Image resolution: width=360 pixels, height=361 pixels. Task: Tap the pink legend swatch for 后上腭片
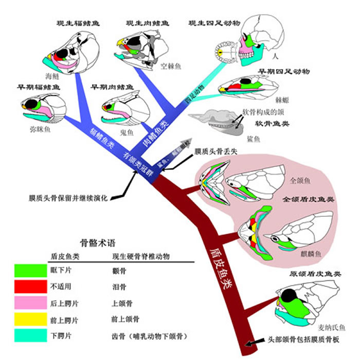30,303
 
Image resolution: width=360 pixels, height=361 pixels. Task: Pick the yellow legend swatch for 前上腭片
30,320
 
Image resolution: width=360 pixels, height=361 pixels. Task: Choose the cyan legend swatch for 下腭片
30,336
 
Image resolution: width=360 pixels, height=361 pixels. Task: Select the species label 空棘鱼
169,66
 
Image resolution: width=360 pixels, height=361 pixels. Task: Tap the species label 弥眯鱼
40,131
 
